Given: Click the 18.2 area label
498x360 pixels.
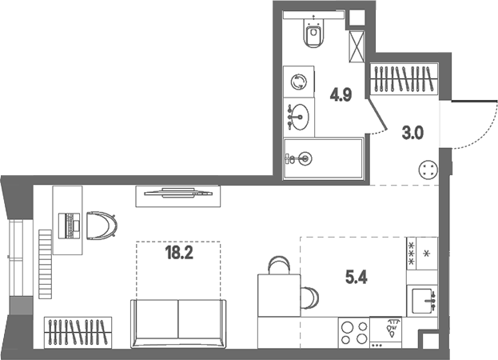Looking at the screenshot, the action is pyautogui.click(x=179, y=254).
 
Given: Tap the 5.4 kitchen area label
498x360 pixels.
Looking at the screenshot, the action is pyautogui.click(x=357, y=278).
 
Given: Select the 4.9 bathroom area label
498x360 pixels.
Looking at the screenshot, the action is pyautogui.click(x=341, y=94).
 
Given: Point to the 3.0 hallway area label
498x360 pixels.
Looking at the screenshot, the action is pyautogui.click(x=412, y=133).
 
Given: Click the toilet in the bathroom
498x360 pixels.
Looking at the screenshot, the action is pyautogui.click(x=313, y=32).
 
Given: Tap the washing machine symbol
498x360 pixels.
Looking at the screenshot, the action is pyautogui.click(x=299, y=82).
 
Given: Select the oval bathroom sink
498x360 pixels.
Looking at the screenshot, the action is pyautogui.click(x=300, y=117).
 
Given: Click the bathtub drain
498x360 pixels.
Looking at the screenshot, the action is pyautogui.click(x=305, y=158).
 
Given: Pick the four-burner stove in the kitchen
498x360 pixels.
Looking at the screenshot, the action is pyautogui.click(x=354, y=333).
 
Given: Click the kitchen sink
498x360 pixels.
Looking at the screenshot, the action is pyautogui.click(x=422, y=301).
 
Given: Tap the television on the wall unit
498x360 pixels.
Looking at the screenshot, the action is pyautogui.click(x=178, y=193).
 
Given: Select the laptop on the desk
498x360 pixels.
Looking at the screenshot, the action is pyautogui.click(x=70, y=226).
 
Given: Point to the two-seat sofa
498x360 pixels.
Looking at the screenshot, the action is pyautogui.click(x=178, y=323).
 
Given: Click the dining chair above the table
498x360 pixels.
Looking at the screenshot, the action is pyautogui.click(x=279, y=265).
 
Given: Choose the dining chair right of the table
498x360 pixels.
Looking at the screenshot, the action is pyautogui.click(x=309, y=298).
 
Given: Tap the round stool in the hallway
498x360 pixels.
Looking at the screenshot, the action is pyautogui.click(x=428, y=170).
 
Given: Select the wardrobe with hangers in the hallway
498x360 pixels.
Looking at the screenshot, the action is pyautogui.click(x=404, y=78).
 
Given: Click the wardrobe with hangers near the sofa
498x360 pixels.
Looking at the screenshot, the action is pyautogui.click(x=78, y=332).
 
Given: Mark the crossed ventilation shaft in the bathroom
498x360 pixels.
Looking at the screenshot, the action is pyautogui.click(x=357, y=46).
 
